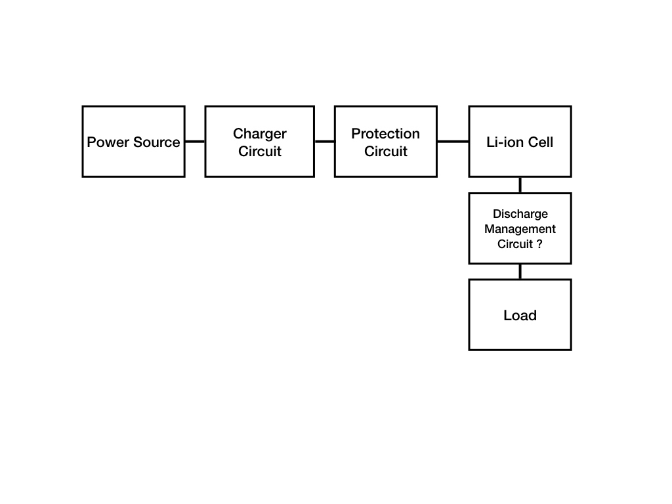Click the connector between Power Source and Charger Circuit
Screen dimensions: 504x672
(x=195, y=141)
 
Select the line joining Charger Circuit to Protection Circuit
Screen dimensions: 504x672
(x=324, y=141)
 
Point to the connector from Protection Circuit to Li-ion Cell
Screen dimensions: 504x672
(x=453, y=141)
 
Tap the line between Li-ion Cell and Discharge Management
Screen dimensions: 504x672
(x=520, y=185)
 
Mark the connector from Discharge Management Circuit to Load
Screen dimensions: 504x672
(x=520, y=272)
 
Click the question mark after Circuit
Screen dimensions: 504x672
(x=539, y=244)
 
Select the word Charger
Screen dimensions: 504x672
(x=260, y=134)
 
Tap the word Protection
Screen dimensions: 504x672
(x=385, y=134)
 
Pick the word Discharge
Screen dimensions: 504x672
(x=520, y=214)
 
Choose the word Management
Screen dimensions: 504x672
(x=520, y=229)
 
